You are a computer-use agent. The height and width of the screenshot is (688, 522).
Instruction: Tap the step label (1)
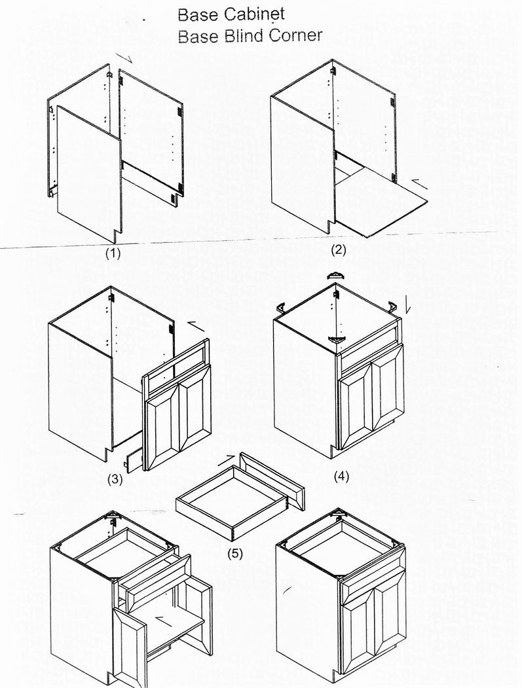pos(113,253)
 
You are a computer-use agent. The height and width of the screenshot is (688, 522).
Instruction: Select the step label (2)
pos(339,249)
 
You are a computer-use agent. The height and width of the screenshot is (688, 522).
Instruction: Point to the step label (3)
pos(115,479)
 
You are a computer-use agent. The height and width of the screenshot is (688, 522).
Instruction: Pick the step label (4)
pos(341,476)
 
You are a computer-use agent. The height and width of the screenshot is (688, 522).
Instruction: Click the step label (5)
pos(235,554)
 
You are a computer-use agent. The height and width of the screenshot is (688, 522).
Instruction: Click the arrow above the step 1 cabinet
pos(124,58)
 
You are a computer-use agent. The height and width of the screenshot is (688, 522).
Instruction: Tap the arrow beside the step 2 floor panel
pos(420,185)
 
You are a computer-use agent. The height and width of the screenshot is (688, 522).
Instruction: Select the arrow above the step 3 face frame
pos(196,326)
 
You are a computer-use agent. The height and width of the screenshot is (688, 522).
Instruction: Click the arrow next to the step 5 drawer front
pos(227,460)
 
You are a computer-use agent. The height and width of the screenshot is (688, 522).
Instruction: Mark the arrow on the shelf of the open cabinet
pos(164,621)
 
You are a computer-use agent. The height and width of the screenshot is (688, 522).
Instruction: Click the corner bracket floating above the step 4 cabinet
pos(337,276)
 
